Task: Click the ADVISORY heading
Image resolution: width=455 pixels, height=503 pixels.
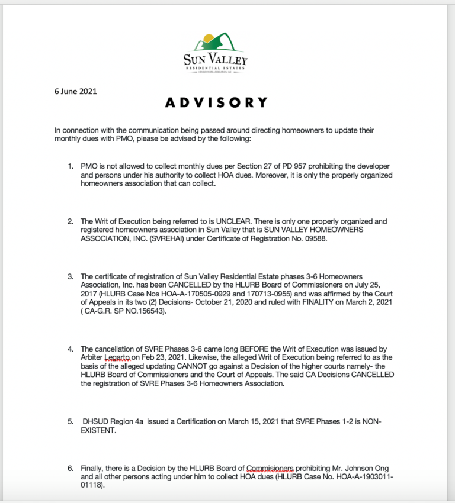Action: pyautogui.click(x=216, y=103)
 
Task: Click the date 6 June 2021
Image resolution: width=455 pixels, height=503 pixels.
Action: pyautogui.click(x=76, y=92)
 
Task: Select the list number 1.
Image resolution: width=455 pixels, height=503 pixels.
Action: pyautogui.click(x=71, y=167)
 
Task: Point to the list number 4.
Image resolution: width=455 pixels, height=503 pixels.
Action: pyautogui.click(x=71, y=349)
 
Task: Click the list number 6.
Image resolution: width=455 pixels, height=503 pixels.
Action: pyautogui.click(x=71, y=469)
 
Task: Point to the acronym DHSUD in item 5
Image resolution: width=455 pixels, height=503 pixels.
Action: pyautogui.click(x=96, y=421)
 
